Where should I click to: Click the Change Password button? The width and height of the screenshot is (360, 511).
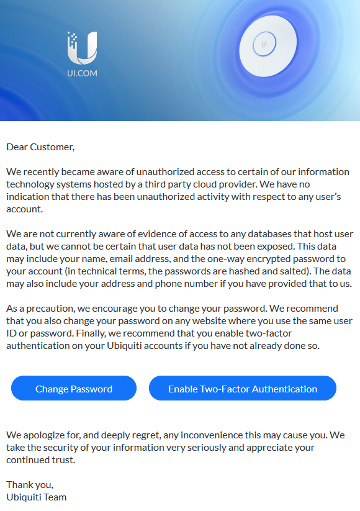coord(74,389)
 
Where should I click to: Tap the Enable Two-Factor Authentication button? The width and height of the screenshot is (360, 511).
coord(243,389)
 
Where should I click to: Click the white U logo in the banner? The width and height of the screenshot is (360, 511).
coord(82,48)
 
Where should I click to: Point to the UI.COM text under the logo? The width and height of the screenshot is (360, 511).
coord(82,73)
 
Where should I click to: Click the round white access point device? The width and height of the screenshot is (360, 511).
coord(264,44)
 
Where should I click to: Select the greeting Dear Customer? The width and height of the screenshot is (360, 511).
coord(40,147)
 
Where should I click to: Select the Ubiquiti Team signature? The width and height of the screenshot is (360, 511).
coord(36,497)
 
